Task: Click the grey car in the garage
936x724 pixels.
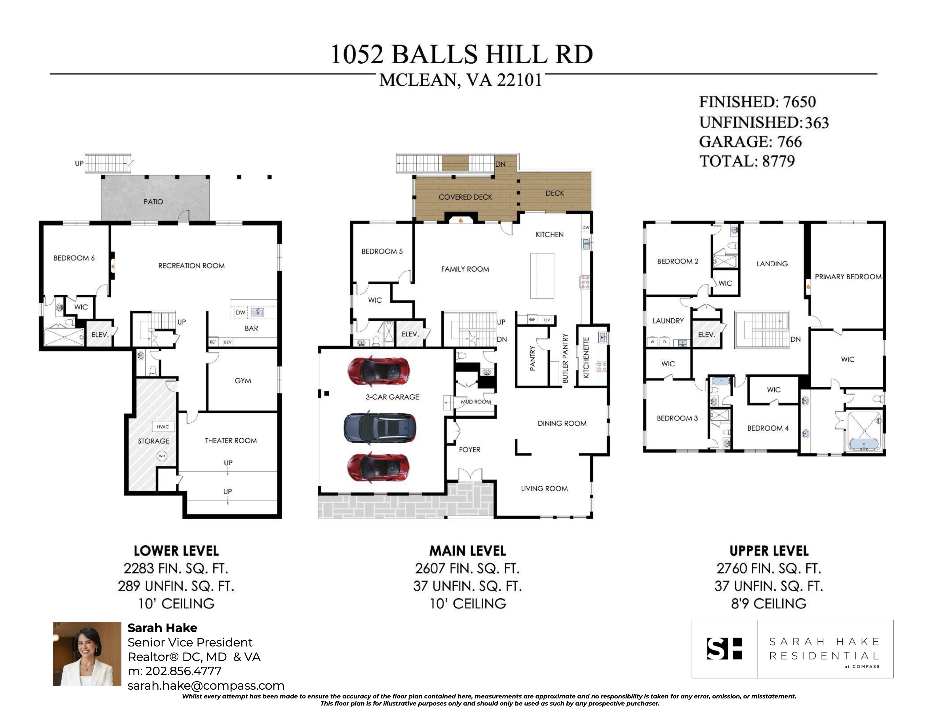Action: click(x=380, y=428)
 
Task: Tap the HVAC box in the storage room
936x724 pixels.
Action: click(x=163, y=427)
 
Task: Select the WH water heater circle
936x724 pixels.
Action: click(x=162, y=456)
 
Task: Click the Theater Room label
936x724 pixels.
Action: click(x=231, y=440)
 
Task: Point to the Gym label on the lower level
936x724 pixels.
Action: click(x=243, y=380)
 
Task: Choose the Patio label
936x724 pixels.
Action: click(x=153, y=202)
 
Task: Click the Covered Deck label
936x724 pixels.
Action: click(x=465, y=197)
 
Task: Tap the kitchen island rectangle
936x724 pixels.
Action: click(x=542, y=276)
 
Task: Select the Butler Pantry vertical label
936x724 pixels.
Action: click(x=565, y=358)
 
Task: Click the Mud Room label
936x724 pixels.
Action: click(x=476, y=401)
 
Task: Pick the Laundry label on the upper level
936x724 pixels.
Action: click(x=668, y=321)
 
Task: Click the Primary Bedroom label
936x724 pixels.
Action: click(x=848, y=277)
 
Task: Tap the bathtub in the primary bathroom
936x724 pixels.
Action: click(x=864, y=444)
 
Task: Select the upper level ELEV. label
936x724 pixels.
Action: click(x=706, y=334)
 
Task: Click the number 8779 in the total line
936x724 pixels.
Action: click(x=778, y=161)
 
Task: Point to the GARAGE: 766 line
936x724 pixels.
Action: click(x=750, y=142)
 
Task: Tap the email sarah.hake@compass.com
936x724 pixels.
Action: click(x=206, y=685)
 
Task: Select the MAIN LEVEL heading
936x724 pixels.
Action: click(x=467, y=551)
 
